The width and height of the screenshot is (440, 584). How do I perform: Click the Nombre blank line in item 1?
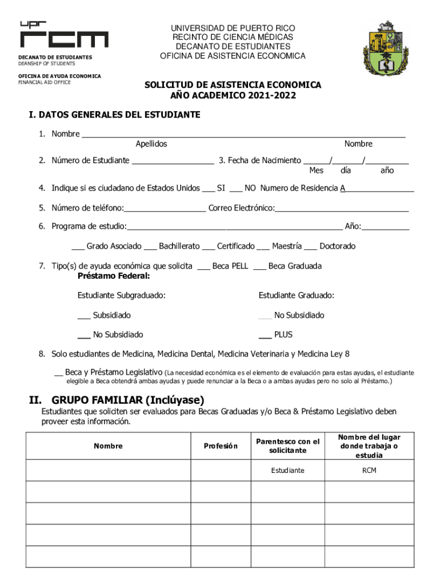[x=243, y=136]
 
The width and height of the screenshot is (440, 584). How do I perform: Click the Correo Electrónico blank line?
[x=342, y=209]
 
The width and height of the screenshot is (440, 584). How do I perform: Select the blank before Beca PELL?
[x=203, y=267]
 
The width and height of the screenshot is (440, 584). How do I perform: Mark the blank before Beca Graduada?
[x=259, y=267]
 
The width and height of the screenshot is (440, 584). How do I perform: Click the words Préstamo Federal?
[x=114, y=276]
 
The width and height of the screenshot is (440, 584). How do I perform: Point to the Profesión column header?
[x=221, y=446]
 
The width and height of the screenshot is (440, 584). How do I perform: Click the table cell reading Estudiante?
[x=288, y=471]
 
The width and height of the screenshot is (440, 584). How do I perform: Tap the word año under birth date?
[x=387, y=171]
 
